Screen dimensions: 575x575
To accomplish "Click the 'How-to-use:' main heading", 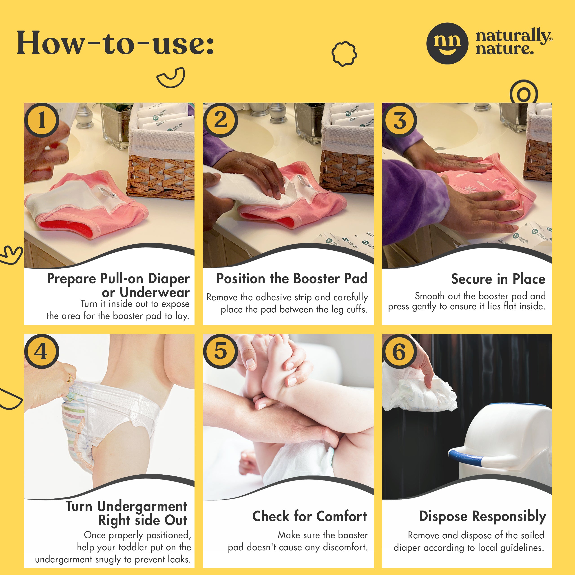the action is [x=115, y=43].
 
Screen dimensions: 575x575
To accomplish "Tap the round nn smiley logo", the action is [x=447, y=43].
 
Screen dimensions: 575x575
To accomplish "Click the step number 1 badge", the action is [x=42, y=120].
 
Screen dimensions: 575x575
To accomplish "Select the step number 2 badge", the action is [x=221, y=120].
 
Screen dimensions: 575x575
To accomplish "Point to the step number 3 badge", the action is [x=400, y=120].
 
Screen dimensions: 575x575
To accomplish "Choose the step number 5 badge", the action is [x=221, y=351].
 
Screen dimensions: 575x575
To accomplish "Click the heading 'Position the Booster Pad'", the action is [x=292, y=279].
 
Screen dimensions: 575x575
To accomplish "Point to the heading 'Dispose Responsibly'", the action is [x=482, y=516].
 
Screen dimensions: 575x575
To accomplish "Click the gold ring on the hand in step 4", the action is [x=70, y=378].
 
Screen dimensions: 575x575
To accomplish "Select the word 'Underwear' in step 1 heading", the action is [x=155, y=293].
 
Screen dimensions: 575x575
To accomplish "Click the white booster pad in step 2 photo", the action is [x=250, y=190].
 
